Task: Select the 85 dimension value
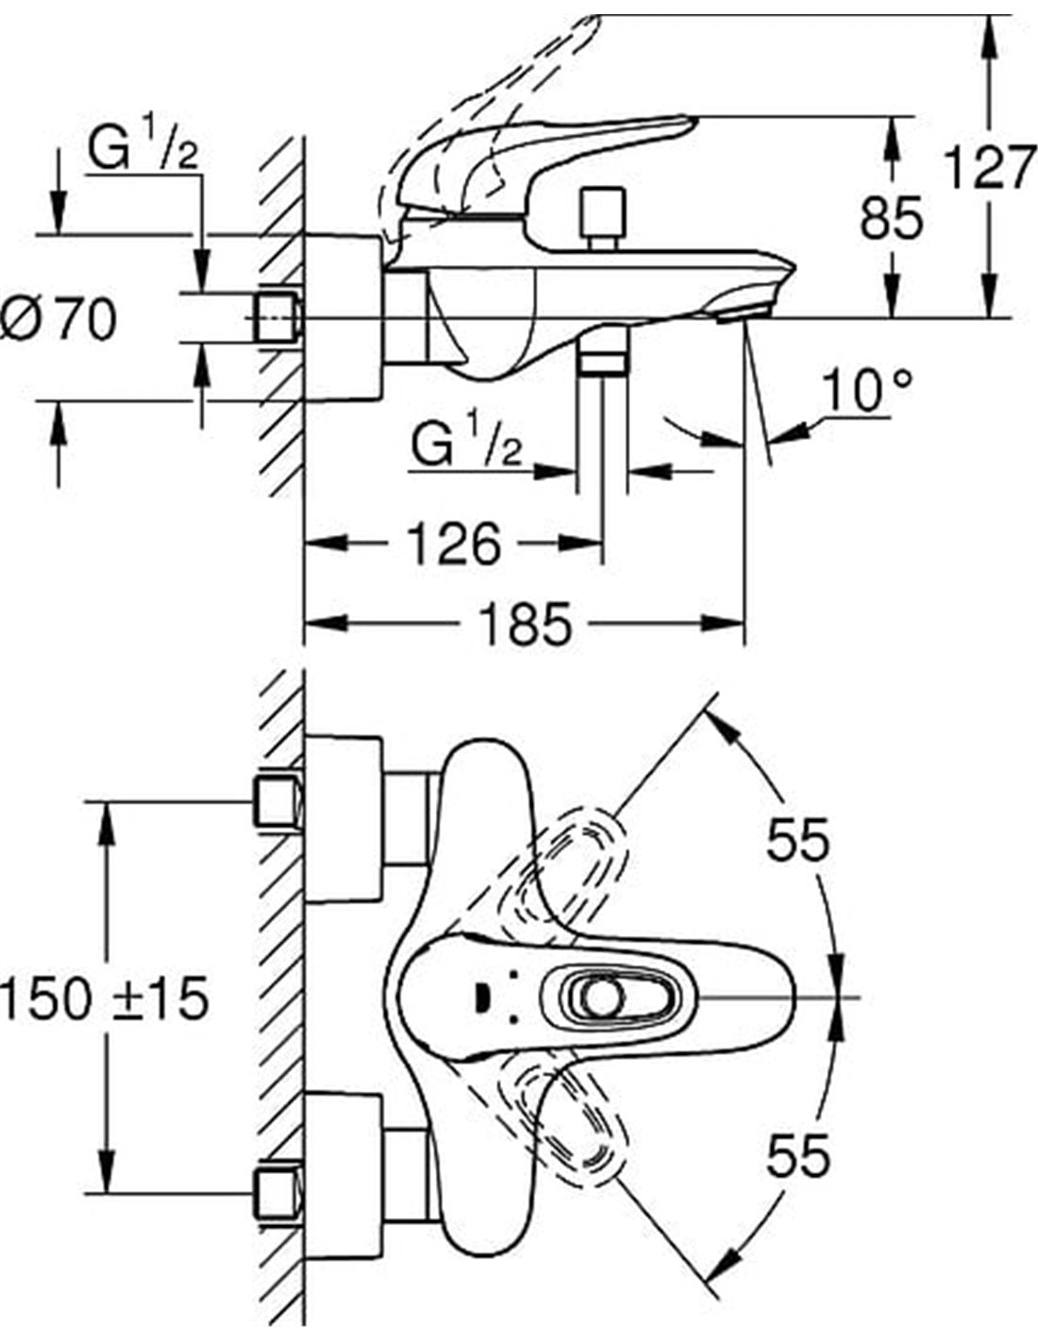tap(890, 219)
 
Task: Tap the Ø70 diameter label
tap(59, 319)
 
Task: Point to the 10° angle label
tap(866, 392)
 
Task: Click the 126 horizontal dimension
tap(453, 545)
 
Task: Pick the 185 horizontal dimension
tap(525, 623)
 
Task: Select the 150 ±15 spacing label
tap(104, 998)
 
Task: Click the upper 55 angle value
tap(797, 840)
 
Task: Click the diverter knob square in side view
tap(603, 213)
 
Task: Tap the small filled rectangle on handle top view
tap(480, 997)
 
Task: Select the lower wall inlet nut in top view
tap(277, 1194)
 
